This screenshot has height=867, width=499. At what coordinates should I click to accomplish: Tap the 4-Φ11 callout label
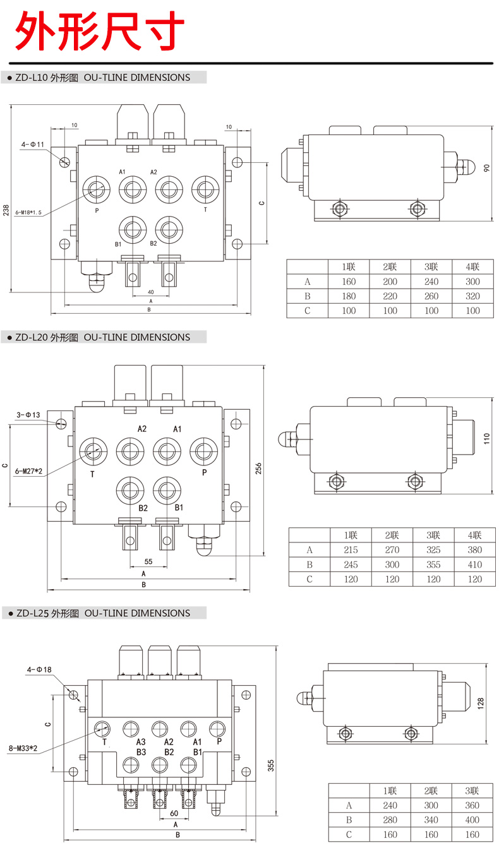(x=32, y=145)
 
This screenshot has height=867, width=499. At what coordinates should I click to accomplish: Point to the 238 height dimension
(x=6, y=210)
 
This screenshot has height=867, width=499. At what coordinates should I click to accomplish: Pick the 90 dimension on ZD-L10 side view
(x=486, y=169)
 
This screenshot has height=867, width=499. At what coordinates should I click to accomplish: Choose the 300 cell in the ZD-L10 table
(x=472, y=282)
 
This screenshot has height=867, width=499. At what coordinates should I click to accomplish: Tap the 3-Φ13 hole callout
(x=28, y=415)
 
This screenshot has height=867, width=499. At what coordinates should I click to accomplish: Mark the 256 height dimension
(x=258, y=467)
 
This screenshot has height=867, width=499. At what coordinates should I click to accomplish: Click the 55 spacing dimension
(x=148, y=561)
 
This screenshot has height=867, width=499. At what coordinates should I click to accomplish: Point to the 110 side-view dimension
(x=486, y=438)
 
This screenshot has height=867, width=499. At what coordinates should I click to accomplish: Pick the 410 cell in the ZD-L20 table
(x=474, y=565)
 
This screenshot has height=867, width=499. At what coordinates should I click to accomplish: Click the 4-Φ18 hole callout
(x=39, y=669)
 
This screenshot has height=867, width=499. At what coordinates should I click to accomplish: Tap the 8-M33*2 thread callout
(x=24, y=748)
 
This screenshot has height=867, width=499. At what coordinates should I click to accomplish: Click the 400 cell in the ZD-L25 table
(x=471, y=820)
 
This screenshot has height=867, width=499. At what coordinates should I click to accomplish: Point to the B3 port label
(x=141, y=752)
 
